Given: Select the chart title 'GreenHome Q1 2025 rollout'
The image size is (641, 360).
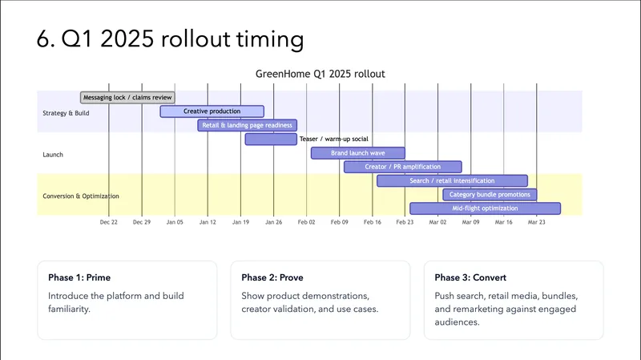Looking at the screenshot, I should click(x=320, y=74).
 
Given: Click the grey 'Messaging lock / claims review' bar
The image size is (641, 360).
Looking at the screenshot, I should click(x=128, y=98).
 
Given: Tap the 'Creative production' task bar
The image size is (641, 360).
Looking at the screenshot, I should click(x=212, y=111).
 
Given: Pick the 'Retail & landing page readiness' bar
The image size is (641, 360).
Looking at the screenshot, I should click(x=247, y=125).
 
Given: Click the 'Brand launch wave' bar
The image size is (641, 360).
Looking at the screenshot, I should click(x=357, y=153).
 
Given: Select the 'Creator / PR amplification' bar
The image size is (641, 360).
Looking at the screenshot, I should click(x=402, y=167).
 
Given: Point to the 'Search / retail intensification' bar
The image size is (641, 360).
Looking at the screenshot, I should click(x=452, y=180).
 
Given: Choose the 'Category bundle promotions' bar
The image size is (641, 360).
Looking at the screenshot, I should click(x=490, y=194).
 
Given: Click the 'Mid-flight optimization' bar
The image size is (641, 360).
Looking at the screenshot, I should click(x=485, y=208).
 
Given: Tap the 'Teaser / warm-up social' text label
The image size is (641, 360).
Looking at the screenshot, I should click(x=333, y=140).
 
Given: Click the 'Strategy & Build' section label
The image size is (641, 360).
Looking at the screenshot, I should click(x=66, y=113).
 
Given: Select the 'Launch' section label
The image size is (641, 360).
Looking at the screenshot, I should click(x=53, y=155).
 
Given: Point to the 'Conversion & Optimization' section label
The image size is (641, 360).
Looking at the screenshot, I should click(x=81, y=196).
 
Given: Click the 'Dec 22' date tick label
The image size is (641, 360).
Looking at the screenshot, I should click(x=109, y=222).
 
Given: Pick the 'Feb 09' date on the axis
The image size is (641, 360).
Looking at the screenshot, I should click(x=339, y=222).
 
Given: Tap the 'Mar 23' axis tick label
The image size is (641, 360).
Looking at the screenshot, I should click(x=536, y=222).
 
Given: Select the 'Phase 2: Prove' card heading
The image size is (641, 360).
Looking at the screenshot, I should click(x=273, y=277).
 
